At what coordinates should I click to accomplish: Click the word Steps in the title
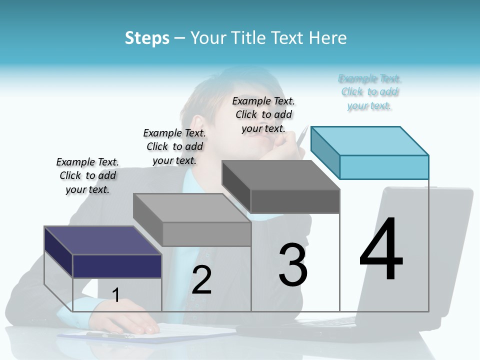pos(147,38)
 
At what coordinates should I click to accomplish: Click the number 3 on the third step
pos(293,264)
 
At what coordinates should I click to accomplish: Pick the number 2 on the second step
pos(201,279)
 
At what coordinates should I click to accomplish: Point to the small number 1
pos(116,295)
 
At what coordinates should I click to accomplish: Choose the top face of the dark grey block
pos(280,175)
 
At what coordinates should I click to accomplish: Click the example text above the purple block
pos(87,175)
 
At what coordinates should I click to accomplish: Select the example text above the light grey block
pos(174,146)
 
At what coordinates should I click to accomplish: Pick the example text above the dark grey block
pos(263,114)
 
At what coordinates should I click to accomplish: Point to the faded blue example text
pos(369,92)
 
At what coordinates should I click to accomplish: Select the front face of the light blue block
pos(384,167)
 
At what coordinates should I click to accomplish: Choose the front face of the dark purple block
pos(117,266)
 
